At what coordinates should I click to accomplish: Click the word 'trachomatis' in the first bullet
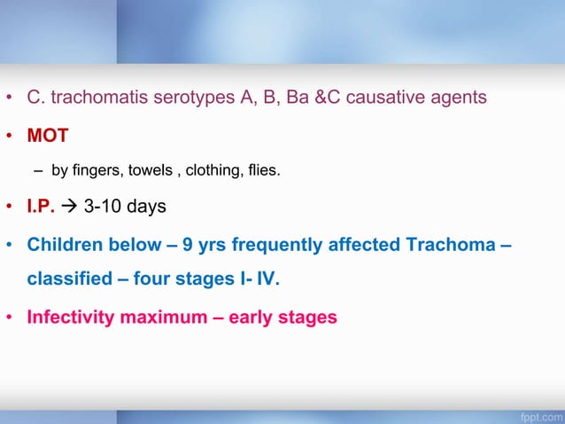93,98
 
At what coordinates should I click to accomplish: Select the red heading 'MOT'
48,137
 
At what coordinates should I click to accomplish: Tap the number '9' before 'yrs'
188,244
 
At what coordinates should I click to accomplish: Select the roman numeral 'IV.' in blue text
265,280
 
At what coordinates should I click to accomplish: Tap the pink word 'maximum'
167,317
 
